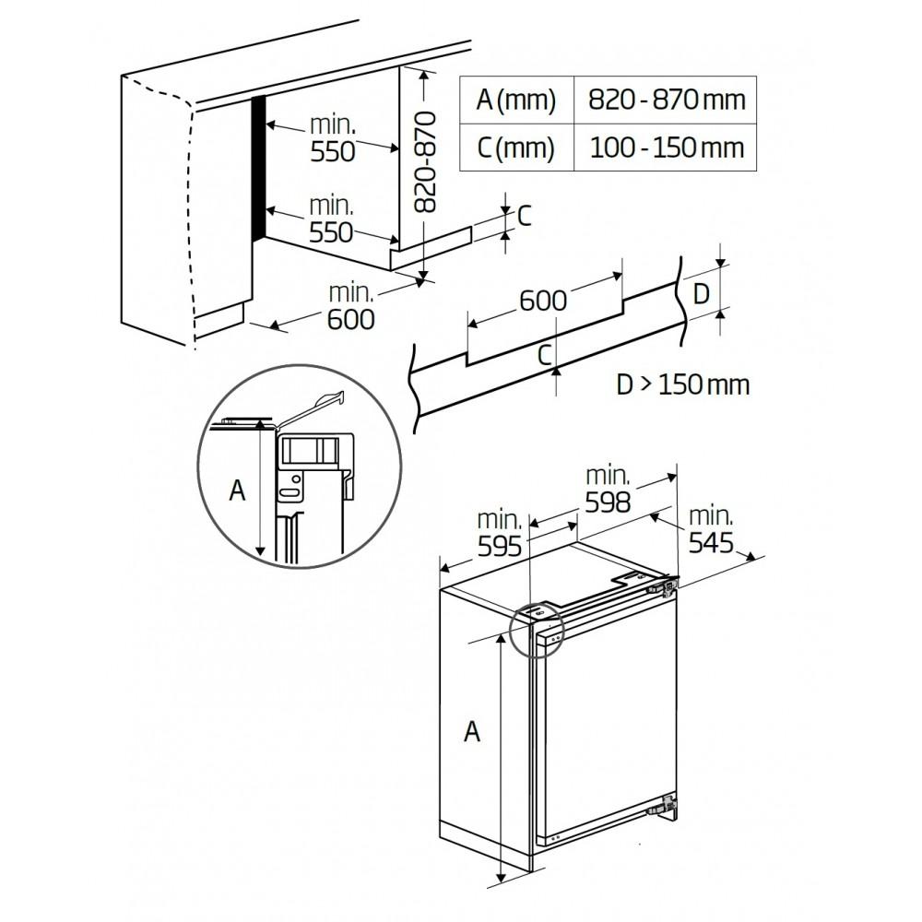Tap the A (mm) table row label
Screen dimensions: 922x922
[516, 99]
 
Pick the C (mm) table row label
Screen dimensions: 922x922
[516, 147]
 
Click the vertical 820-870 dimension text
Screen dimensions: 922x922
[423, 162]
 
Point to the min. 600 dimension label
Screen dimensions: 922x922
[350, 306]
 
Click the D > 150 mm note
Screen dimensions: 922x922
[683, 384]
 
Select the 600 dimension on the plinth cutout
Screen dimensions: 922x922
[543, 300]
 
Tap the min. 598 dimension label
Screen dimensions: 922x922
[608, 490]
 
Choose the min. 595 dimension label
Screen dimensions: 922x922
[500, 533]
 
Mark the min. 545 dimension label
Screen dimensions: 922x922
[710, 528]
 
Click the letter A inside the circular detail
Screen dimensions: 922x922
[238, 491]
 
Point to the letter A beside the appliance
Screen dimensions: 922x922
[472, 731]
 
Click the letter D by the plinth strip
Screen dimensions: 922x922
[702, 294]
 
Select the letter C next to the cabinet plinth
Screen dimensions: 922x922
[524, 216]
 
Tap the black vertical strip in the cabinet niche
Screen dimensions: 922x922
[259, 166]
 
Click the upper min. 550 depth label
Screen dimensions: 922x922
[332, 137]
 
